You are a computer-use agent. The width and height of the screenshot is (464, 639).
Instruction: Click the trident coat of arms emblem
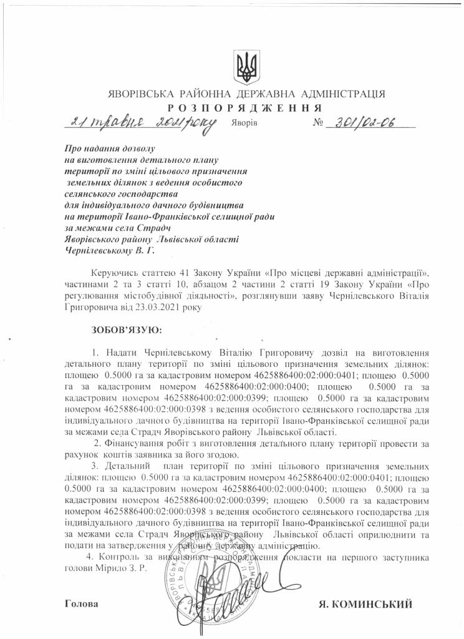(x=246, y=66)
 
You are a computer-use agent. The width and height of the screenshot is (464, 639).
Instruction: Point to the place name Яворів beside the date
(x=244, y=123)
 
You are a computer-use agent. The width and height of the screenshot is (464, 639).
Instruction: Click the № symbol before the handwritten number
(x=319, y=122)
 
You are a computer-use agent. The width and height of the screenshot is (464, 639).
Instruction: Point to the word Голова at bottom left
(x=81, y=604)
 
